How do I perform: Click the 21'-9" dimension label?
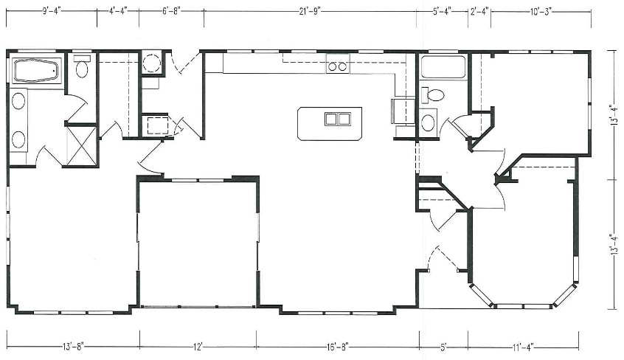[310, 11]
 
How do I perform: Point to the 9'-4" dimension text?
[52, 11]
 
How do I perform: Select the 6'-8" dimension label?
[172, 11]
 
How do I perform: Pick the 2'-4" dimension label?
[479, 11]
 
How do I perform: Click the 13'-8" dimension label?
[73, 347]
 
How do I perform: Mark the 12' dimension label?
[198, 347]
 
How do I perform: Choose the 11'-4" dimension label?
[523, 347]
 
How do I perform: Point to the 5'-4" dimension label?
[442, 11]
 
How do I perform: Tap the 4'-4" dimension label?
[118, 11]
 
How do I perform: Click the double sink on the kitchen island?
[338, 119]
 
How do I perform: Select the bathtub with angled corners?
[36, 71]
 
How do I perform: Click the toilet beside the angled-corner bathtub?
[82, 67]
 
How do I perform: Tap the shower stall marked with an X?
[81, 145]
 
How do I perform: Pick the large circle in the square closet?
[152, 63]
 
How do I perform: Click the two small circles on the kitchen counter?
[339, 67]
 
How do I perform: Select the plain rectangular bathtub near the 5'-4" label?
[443, 67]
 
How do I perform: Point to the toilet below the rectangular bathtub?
[432, 94]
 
